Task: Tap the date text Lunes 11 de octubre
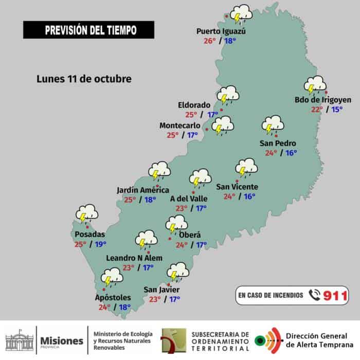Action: coord(84,79)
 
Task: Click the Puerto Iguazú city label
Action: coord(221,31)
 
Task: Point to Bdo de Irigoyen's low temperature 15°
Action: coord(337,109)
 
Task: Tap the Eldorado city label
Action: coord(194,104)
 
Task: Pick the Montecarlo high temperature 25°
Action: coord(173,135)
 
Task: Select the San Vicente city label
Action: coord(237,187)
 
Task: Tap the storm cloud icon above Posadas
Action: coord(87,213)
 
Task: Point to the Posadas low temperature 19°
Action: coord(101,244)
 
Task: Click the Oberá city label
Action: coord(190,235)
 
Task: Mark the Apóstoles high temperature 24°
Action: coord(104,308)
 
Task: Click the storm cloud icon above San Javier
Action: coord(178,271)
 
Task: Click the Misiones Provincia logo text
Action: coord(61,341)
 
